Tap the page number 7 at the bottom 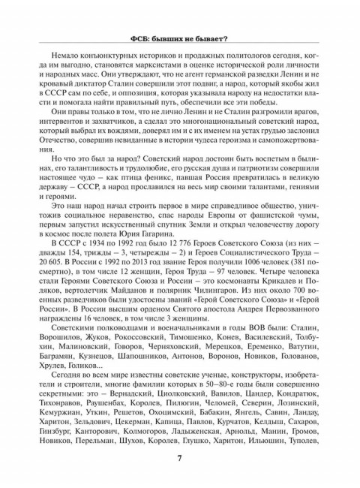coord(180,459)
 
